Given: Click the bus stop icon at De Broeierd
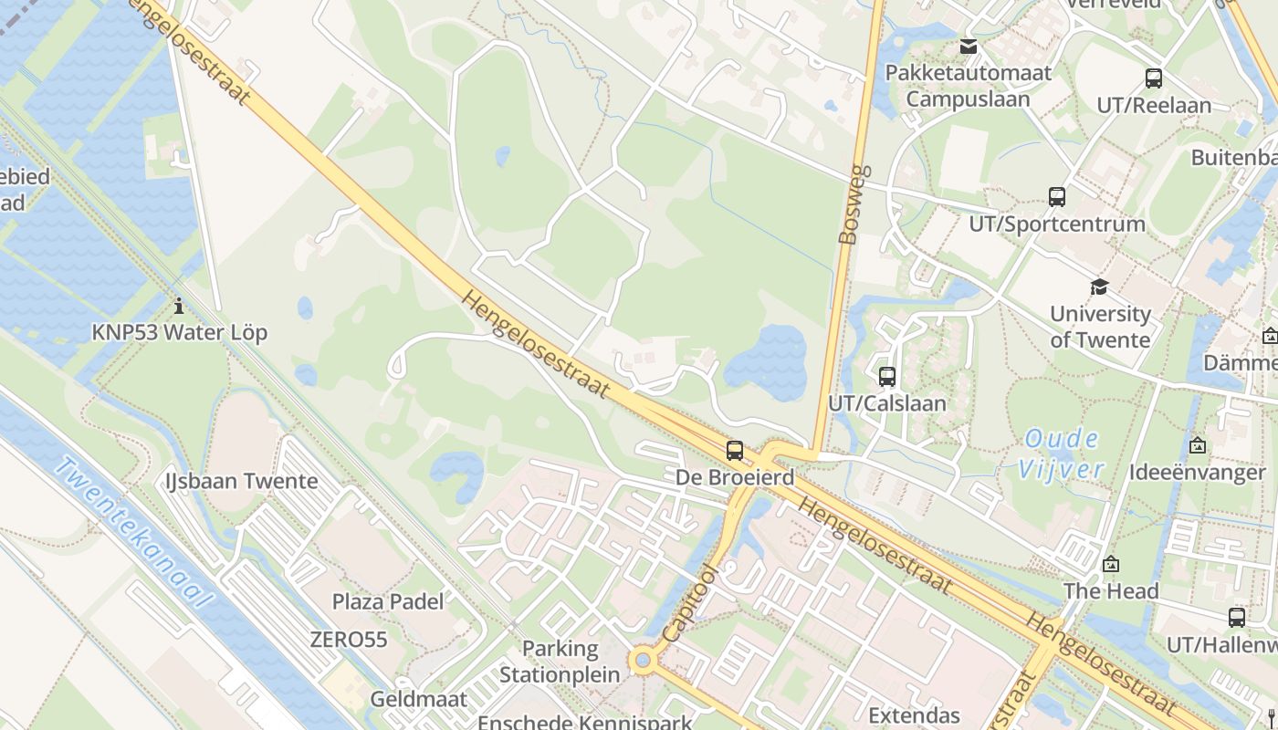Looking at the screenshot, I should click(735, 450).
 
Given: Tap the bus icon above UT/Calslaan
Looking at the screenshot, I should click(886, 376).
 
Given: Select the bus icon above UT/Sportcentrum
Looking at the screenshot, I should click(1057, 196).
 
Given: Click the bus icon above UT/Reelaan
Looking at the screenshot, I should click(1154, 78).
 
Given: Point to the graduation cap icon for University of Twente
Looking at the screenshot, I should click(1099, 287).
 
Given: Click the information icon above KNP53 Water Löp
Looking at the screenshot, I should click(179, 305).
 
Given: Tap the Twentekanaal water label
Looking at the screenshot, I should click(133, 533).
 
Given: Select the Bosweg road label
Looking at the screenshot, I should click(849, 205).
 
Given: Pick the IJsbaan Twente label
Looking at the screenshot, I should click(242, 481).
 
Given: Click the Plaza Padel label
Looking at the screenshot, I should click(388, 601).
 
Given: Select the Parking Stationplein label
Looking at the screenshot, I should click(560, 662).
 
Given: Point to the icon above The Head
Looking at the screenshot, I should click(1111, 565).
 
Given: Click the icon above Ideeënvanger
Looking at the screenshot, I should click(1198, 445).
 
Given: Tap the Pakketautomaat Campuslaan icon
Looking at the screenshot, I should click(969, 46).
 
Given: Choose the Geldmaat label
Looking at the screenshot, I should click(418, 700).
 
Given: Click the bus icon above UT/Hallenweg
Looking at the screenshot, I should click(1237, 618).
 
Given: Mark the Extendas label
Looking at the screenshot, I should click(914, 715).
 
